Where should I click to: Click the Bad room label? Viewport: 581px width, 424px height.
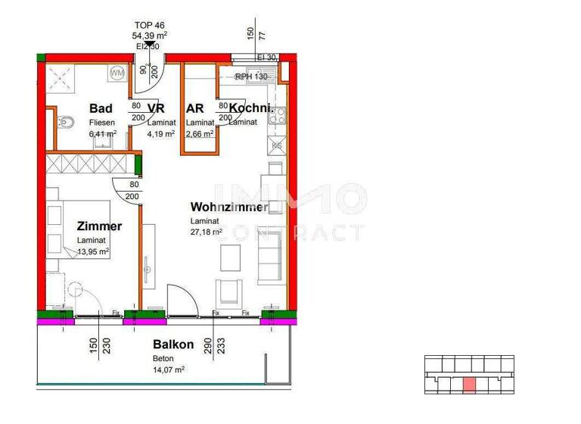click(x=101, y=108)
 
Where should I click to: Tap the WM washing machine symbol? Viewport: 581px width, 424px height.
click(x=117, y=73)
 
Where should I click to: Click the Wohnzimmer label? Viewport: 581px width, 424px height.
click(x=229, y=207)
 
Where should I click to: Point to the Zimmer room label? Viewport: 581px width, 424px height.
click(x=99, y=226)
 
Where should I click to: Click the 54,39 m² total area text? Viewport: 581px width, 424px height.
click(x=150, y=36)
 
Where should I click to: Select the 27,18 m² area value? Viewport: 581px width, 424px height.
click(x=206, y=232)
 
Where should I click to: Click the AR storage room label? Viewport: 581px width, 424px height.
click(x=195, y=108)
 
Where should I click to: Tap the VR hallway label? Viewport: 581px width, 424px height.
click(x=157, y=108)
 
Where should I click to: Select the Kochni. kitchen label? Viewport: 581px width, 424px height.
click(x=246, y=108)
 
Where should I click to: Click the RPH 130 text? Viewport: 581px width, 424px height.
click(x=251, y=76)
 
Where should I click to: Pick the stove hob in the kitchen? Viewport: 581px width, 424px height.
click(x=277, y=117)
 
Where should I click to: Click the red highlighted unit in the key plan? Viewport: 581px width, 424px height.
click(x=469, y=384)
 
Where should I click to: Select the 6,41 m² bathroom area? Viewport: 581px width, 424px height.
click(x=102, y=133)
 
